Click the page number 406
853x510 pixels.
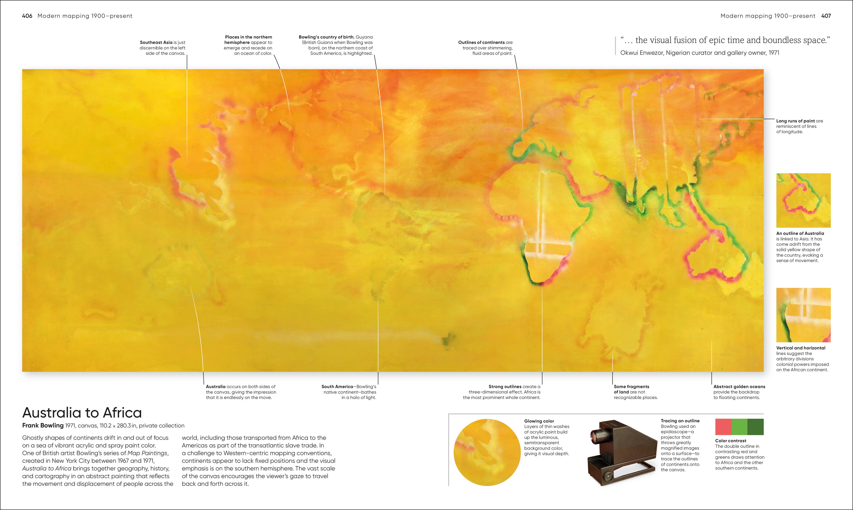pos(27,16)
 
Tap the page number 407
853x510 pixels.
pos(826,16)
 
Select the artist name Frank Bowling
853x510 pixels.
pos(43,425)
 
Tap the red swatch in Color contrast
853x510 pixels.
pos(723,427)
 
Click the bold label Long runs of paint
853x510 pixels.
pos(795,121)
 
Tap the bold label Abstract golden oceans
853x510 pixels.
pos(739,387)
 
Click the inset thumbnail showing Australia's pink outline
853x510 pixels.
pos(803,200)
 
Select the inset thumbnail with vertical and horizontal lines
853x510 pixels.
pos(803,315)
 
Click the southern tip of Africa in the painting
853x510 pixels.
pos(540,283)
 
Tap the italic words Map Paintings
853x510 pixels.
pos(147,453)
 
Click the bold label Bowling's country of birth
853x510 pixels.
pos(326,37)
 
